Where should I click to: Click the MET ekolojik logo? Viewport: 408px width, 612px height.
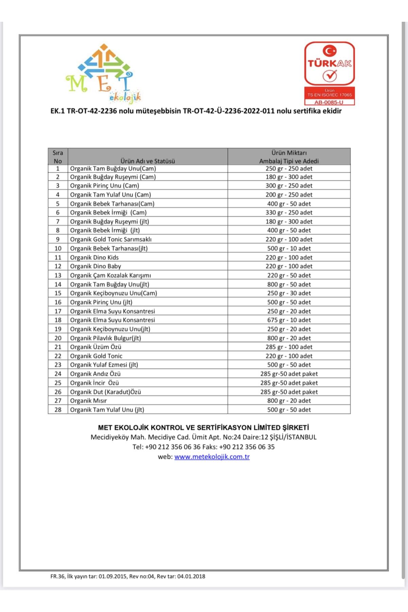point(104,73)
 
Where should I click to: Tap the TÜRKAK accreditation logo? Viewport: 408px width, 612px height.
point(329,65)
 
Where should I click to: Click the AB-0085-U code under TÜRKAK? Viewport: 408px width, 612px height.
point(329,102)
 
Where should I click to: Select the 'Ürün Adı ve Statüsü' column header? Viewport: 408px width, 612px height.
point(148,161)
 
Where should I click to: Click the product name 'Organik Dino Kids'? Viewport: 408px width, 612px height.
point(95,257)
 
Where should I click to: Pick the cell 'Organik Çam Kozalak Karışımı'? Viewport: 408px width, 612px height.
point(111,275)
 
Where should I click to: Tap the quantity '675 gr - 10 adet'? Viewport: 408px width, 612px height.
point(289,320)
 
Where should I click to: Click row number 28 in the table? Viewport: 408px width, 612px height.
point(58,410)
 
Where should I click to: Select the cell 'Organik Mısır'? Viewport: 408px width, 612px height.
point(88,401)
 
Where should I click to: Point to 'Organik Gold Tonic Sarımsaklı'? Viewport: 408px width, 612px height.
point(111,239)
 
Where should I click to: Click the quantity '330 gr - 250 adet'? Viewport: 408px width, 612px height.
point(289,213)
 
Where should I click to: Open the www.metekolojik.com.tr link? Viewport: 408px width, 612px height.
point(212,457)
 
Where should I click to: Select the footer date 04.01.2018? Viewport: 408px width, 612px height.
point(191,576)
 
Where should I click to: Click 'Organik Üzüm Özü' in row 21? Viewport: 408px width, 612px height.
point(96,347)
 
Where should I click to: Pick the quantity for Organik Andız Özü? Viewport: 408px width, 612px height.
point(289,374)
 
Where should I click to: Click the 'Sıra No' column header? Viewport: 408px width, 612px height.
point(58,157)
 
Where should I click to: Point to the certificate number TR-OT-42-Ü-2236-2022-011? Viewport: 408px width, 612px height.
point(228,111)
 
